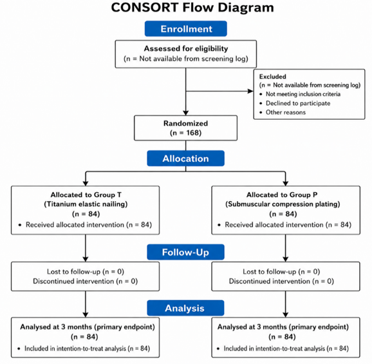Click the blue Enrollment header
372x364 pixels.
186,29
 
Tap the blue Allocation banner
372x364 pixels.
186,158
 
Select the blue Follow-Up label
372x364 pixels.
186,252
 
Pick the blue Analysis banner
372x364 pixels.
185,308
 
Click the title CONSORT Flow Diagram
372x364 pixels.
192,7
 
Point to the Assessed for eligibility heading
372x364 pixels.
186,48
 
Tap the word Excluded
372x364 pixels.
273,77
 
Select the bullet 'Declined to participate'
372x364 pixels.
298,103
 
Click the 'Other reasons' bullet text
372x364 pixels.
286,112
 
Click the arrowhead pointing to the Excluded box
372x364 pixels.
250,91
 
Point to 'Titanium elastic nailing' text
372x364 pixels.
86,204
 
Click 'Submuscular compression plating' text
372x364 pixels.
283,204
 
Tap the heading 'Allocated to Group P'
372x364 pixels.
282,195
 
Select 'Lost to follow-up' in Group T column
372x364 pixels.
73,272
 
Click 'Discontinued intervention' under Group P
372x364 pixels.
270,281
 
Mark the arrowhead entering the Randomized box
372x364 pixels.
186,113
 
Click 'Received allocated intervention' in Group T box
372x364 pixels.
75,225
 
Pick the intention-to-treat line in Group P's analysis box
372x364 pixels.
286,349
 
